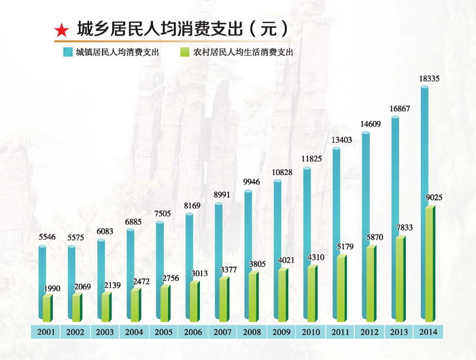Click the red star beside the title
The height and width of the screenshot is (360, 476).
pos(61,30)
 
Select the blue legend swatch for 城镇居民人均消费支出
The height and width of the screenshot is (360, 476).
pos(67,52)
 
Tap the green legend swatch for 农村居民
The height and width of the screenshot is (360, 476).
pos(184,52)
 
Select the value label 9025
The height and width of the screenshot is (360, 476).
pos(433,198)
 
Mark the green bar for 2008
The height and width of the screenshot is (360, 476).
pos(252,296)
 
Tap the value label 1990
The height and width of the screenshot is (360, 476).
pos(50,289)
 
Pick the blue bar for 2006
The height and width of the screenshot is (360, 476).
pos(188,265)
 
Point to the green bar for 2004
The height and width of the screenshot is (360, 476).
pos(135,305)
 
